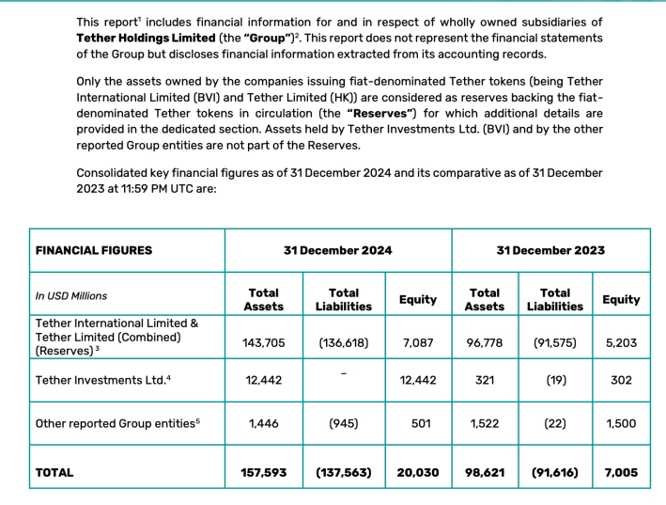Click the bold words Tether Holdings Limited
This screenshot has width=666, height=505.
[146, 38]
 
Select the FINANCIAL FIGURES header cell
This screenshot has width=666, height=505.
[93, 250]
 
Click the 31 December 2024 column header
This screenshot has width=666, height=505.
[338, 250]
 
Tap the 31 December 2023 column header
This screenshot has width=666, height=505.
[550, 250]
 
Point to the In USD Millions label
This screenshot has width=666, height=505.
[71, 296]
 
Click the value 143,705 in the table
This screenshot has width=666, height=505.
[264, 343]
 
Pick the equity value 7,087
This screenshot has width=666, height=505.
[418, 343]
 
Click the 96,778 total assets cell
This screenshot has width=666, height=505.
[485, 343]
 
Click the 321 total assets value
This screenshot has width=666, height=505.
[485, 380]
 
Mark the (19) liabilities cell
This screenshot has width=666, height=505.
[555, 380]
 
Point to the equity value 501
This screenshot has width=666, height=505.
[418, 423]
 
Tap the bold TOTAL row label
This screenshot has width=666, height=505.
[54, 473]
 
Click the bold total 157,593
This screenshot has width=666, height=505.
[264, 473]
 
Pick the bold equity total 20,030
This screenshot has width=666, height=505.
[418, 473]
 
